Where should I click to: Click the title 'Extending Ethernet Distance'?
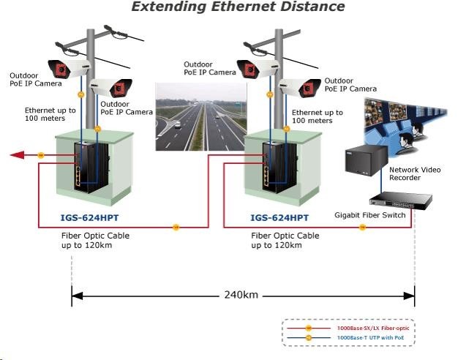pos(238,7)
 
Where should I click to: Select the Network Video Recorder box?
pos(364,160)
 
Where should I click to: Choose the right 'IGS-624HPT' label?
pos(278,217)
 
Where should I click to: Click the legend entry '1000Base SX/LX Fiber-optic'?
pos(374,329)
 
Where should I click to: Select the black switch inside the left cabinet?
pos(87,168)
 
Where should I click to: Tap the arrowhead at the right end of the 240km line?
pos(410,296)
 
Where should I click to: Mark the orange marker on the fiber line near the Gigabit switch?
pos(362,228)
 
